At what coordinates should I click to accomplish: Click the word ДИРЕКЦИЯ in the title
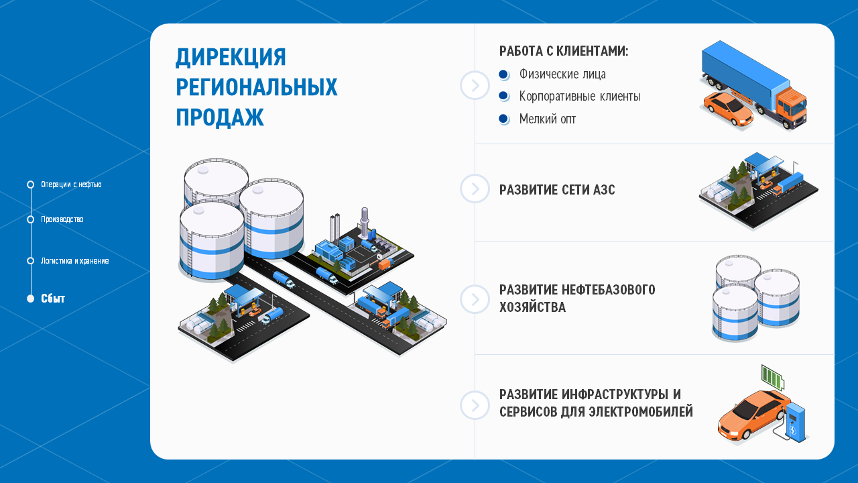(231, 58)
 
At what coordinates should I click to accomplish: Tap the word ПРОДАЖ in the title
(219, 117)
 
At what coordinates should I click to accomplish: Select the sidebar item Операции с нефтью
(71, 184)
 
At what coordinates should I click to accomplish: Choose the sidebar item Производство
(62, 219)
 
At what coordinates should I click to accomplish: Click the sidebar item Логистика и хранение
(74, 261)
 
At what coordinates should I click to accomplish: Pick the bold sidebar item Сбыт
(53, 299)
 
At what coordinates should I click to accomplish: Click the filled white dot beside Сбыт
(30, 299)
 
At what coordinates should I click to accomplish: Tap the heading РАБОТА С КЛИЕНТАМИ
(563, 52)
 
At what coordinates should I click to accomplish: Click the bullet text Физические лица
(562, 74)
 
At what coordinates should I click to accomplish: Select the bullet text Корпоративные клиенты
(579, 97)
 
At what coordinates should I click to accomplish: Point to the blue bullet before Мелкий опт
(503, 119)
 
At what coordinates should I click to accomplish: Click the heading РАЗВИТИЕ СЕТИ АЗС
(556, 190)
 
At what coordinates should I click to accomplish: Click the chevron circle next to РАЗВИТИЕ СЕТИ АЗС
(475, 189)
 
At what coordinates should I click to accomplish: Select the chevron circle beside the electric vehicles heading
(475, 405)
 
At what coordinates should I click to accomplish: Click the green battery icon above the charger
(772, 377)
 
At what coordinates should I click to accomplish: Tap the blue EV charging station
(796, 421)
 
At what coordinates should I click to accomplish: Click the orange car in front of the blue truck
(727, 110)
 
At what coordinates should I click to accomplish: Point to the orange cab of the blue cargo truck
(792, 103)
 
